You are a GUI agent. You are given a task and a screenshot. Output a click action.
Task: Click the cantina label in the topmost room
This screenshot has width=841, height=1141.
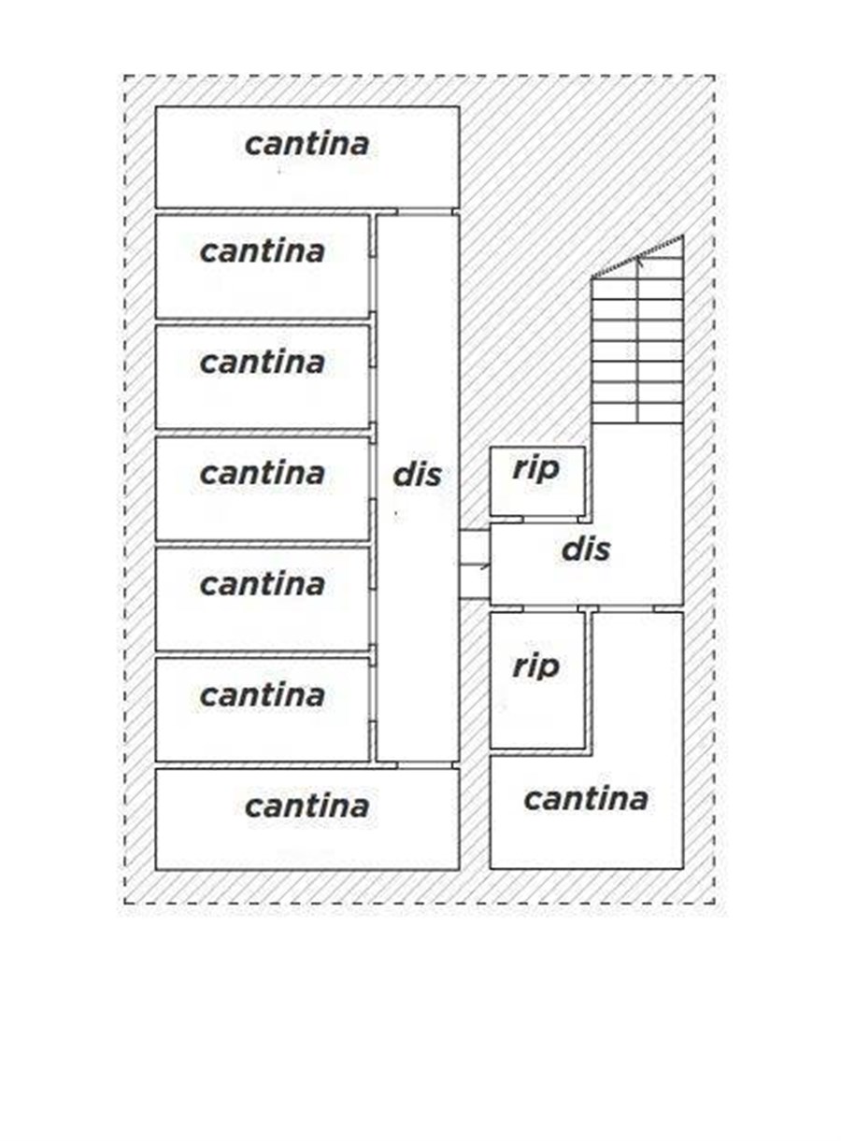(306, 144)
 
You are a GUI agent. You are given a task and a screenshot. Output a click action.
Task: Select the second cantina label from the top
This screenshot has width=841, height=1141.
(262, 251)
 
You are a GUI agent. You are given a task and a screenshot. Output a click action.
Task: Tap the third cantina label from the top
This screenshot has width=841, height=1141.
(262, 362)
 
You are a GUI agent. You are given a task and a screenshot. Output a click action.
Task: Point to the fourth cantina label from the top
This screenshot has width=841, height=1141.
(262, 473)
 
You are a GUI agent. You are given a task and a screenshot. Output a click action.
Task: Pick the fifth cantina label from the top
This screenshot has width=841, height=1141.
(262, 584)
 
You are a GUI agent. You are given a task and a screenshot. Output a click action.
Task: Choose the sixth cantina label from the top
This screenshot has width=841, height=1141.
(262, 694)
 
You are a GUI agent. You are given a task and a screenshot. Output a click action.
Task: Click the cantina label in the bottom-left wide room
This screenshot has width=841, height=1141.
(306, 806)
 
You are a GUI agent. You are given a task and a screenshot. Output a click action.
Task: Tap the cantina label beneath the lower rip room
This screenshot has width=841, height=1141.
(585, 799)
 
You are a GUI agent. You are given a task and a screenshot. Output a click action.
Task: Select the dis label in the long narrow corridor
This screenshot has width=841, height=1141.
(417, 475)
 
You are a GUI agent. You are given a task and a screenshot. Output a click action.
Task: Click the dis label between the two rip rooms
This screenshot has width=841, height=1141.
(586, 549)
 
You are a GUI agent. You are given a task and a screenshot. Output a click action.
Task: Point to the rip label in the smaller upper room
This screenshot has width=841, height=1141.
(535, 469)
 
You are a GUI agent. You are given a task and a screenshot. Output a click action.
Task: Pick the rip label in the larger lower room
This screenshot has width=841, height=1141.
(535, 666)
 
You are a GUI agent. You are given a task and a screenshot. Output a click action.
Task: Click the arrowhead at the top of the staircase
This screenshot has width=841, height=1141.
(639, 261)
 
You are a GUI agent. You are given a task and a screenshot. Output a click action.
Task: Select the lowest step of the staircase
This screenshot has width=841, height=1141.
(637, 413)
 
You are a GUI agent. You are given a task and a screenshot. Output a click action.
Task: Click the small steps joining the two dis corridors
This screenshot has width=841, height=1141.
(475, 564)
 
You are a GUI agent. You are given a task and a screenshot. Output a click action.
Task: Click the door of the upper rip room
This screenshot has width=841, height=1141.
(551, 519)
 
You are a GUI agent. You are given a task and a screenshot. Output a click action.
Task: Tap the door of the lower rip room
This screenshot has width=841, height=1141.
(551, 609)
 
